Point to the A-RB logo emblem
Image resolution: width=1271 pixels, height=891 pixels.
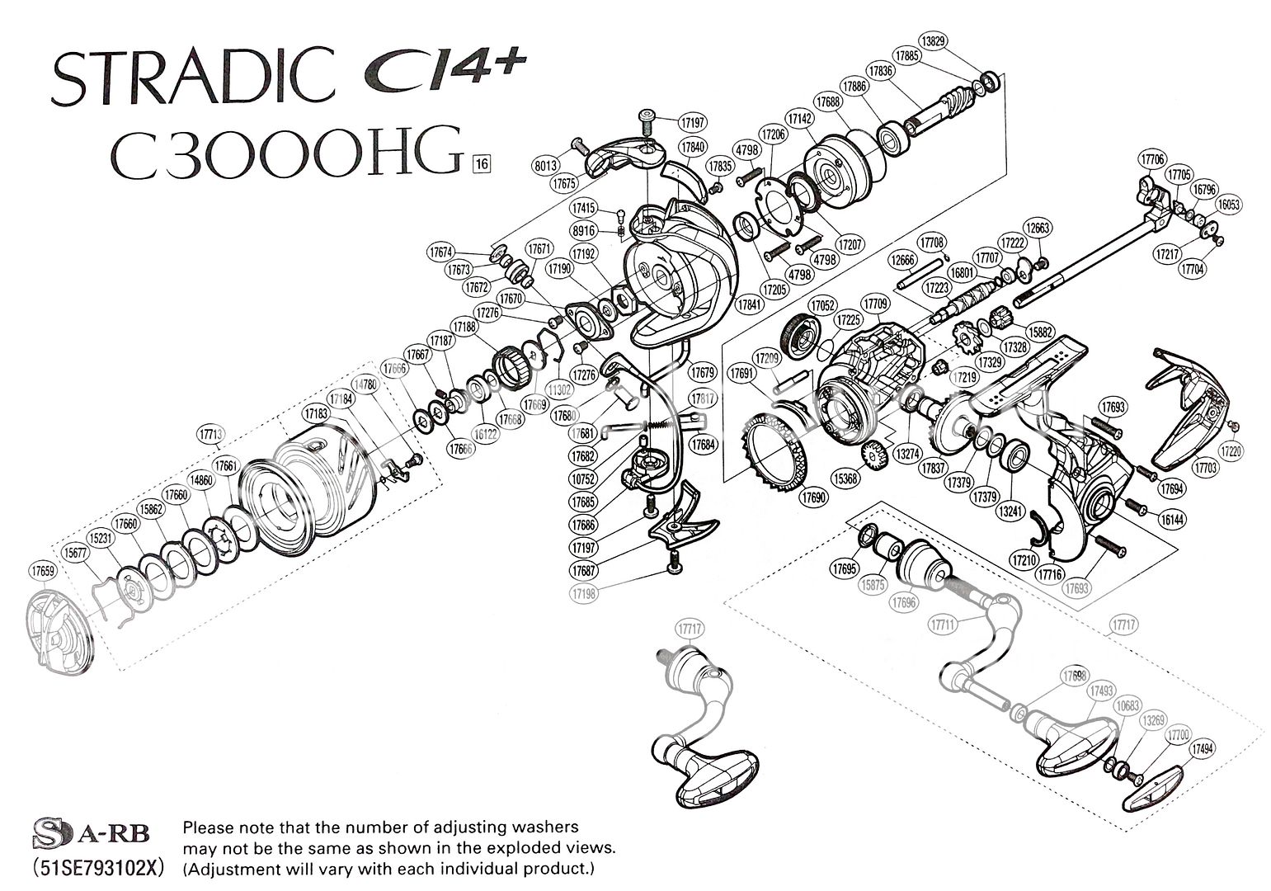(92, 834)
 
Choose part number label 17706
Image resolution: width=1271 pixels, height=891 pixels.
(1152, 158)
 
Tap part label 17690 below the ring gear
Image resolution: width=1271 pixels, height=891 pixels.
(813, 497)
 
